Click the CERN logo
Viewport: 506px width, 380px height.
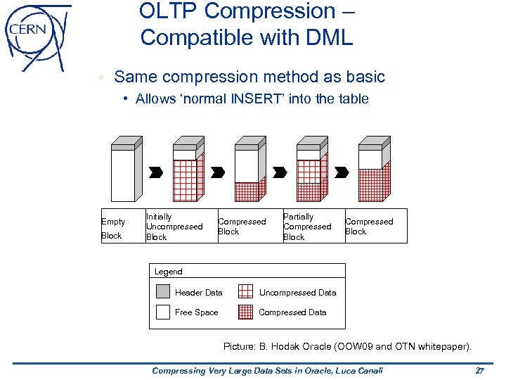(37, 36)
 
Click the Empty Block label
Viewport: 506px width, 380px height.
(113, 229)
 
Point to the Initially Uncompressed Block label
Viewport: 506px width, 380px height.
(174, 227)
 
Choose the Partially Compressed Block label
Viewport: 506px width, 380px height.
(306, 227)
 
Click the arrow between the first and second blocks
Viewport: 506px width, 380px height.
(157, 172)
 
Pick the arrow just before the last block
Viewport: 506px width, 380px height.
(342, 172)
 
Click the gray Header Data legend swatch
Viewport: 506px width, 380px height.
(163, 292)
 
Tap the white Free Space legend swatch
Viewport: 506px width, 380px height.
(163, 312)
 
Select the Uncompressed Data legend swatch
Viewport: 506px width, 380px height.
(245, 292)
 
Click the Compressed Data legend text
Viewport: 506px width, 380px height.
(292, 312)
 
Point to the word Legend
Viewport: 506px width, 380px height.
(168, 272)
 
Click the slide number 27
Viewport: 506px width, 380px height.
(480, 370)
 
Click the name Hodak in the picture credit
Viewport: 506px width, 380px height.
(290, 347)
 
